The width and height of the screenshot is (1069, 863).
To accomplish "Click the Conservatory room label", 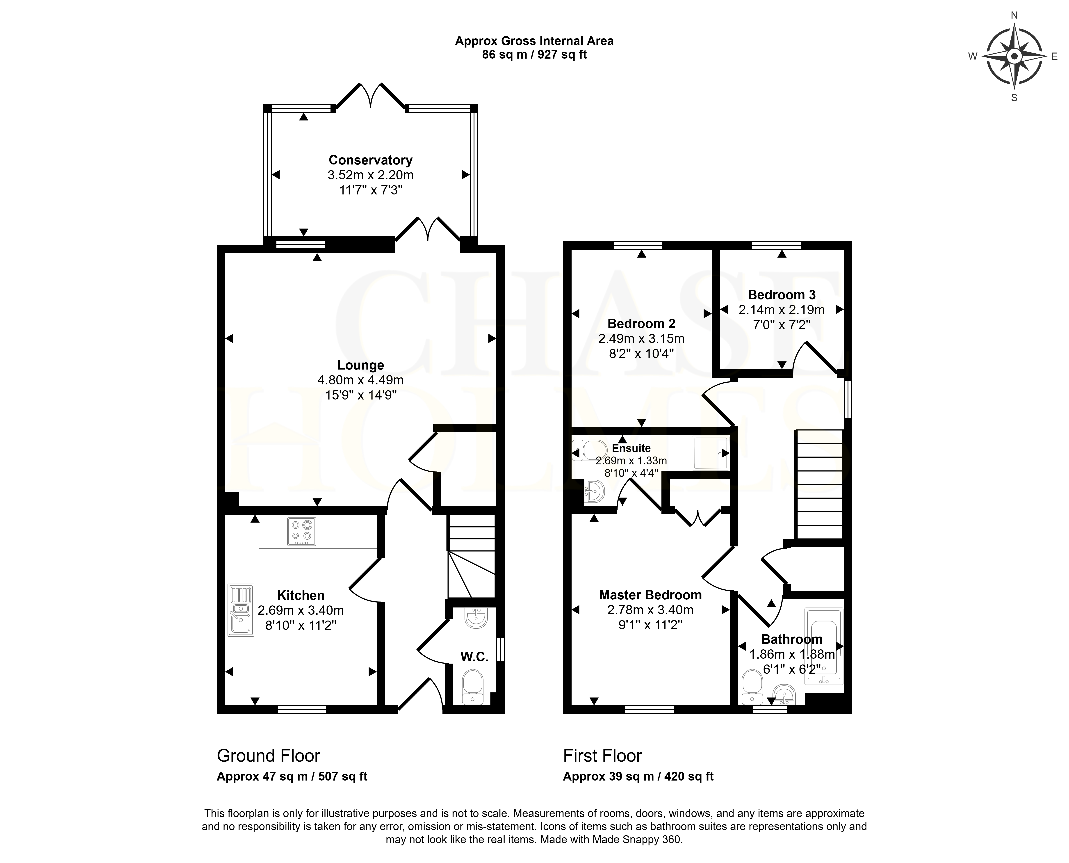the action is point(370,160).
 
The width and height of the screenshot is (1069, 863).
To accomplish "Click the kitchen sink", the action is point(241,610).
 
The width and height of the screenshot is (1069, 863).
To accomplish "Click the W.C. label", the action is point(475,657).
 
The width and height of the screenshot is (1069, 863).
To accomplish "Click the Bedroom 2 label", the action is point(641,324).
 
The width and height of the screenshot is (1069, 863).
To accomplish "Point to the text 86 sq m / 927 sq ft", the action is point(534,55).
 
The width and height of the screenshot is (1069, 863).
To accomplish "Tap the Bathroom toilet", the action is point(751,687).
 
